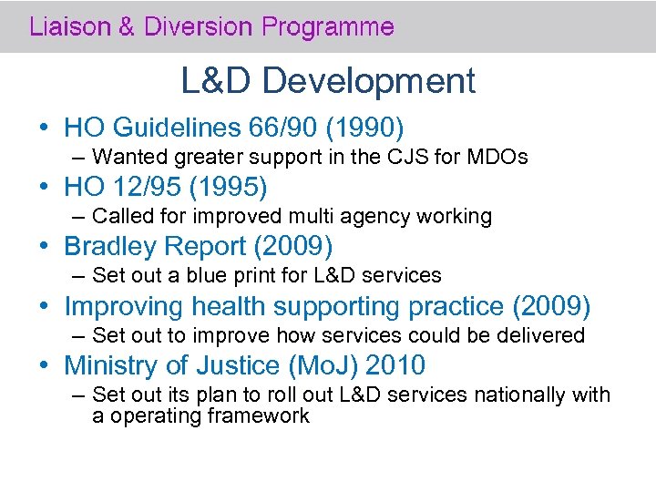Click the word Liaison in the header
67,26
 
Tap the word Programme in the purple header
328,26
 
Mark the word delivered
541,335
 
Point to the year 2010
395,365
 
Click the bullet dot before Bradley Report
45,247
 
